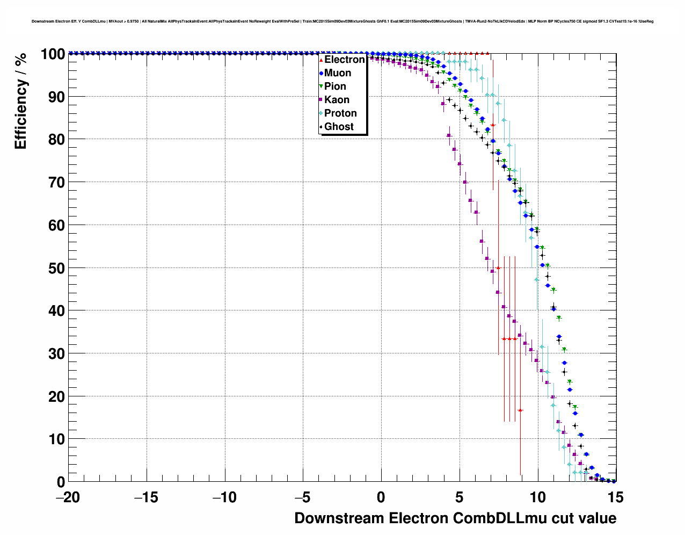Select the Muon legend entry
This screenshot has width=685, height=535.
tap(337, 73)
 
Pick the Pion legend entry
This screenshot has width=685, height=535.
tap(335, 86)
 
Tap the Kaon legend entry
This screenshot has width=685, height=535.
tap(337, 100)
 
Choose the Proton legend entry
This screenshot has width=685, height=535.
tap(340, 113)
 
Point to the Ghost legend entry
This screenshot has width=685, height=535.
tap(339, 127)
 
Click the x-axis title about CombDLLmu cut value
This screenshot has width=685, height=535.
tap(455, 518)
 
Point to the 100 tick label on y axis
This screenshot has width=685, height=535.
tap(52, 54)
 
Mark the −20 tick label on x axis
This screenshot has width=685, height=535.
tap(68, 497)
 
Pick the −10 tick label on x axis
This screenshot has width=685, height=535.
tap(224, 497)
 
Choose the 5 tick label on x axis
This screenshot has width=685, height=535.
tap(460, 497)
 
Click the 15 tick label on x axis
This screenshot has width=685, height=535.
tap(616, 497)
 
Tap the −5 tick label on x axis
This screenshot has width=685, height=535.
tap(303, 497)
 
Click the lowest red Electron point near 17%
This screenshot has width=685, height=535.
tap(520, 410)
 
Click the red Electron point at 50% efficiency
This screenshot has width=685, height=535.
tap(498, 267)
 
